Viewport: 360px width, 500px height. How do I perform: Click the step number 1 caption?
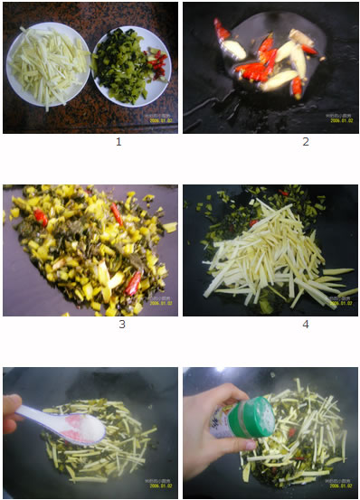118,142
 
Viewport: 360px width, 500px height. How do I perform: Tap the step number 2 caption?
306,142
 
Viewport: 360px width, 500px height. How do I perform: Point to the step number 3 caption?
121,324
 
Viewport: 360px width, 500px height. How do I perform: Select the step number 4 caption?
306,324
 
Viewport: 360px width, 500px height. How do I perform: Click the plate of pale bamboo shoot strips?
47,65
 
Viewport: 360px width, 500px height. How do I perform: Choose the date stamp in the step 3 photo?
156,302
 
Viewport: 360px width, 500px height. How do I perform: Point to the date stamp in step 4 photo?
336,302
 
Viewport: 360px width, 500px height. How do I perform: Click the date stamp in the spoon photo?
156,488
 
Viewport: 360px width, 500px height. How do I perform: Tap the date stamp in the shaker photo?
336,488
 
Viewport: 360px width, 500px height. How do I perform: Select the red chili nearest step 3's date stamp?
133,283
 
